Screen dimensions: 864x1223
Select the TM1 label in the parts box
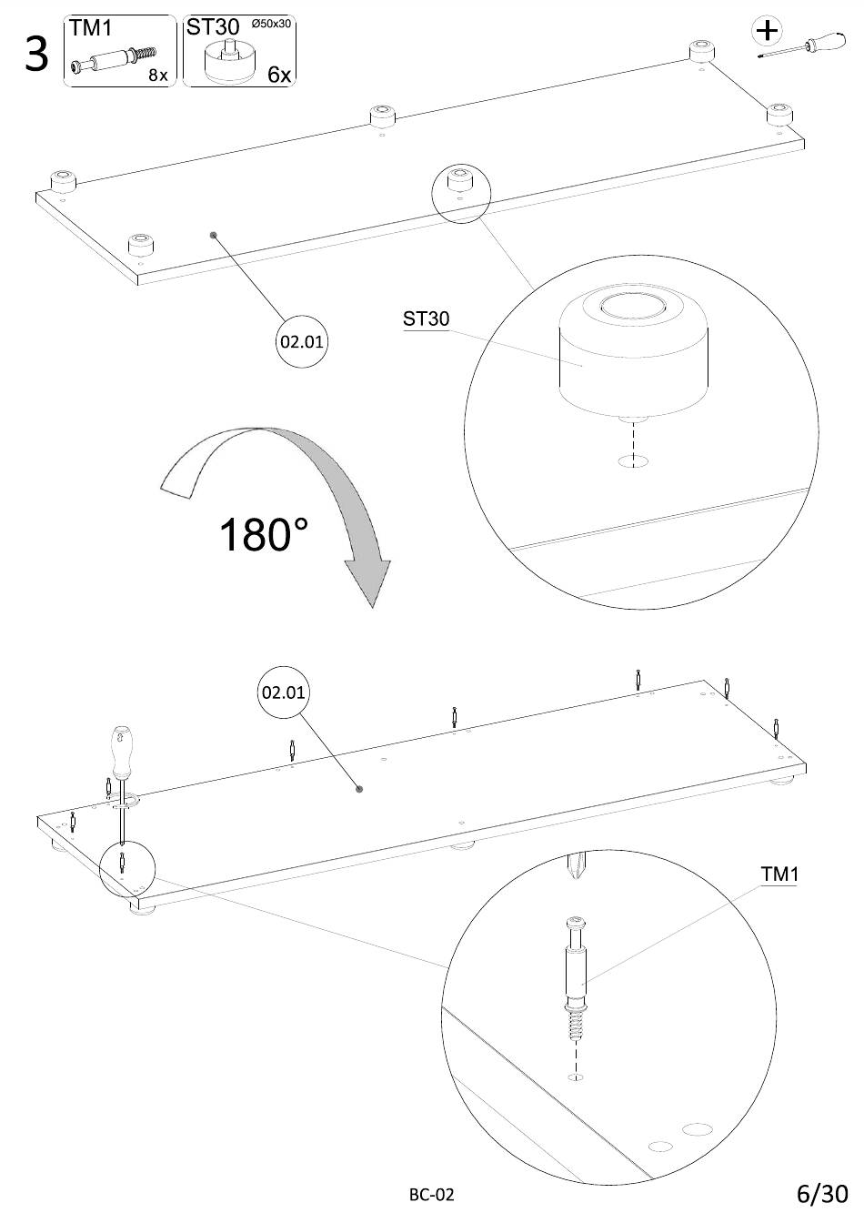90,28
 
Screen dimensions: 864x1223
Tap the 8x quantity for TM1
157,75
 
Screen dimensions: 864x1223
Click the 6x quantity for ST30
279,75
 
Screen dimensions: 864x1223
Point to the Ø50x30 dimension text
271,24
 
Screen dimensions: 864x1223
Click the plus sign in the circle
768,31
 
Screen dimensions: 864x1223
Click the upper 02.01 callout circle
302,341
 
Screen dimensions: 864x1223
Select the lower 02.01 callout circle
283,692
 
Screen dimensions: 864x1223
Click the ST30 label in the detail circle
426,318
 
